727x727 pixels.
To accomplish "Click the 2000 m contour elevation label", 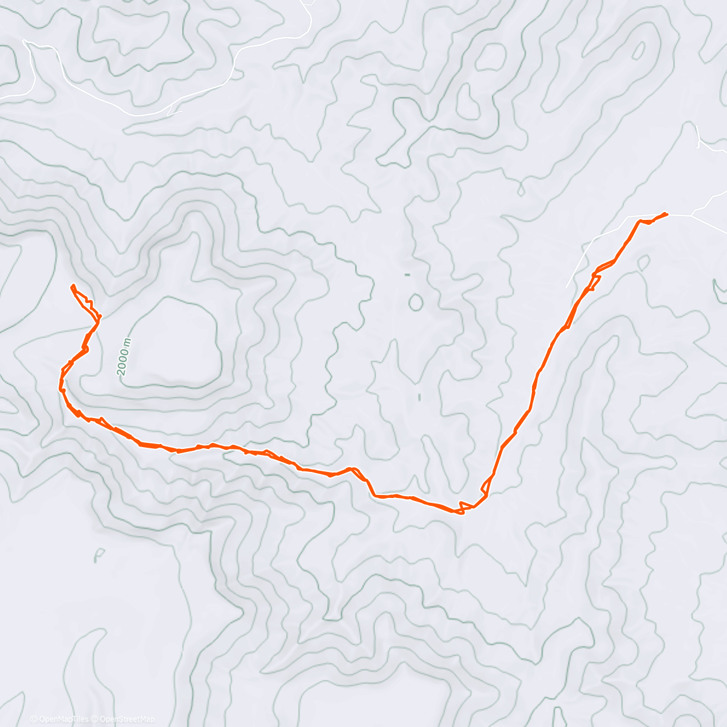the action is (124, 356).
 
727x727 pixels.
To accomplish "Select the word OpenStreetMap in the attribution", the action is (127, 719).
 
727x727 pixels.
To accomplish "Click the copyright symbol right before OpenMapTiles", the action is (33, 719).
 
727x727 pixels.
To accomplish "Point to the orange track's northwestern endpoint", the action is (73, 285).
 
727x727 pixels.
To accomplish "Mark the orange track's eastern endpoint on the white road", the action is (666, 213).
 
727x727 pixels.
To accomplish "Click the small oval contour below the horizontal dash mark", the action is (416, 302).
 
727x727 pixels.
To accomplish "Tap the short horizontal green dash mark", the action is (407, 275).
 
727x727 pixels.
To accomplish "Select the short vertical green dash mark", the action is (419, 397).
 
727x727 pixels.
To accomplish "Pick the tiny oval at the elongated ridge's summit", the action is (639, 51).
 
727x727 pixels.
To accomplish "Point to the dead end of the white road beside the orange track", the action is (567, 287).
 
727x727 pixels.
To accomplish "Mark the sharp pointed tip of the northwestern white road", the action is (24, 41).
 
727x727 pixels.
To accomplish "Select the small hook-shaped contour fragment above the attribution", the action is (99, 555).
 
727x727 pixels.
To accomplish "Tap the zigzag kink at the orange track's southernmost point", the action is (462, 508).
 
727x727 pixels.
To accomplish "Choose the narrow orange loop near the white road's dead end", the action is (595, 280).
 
